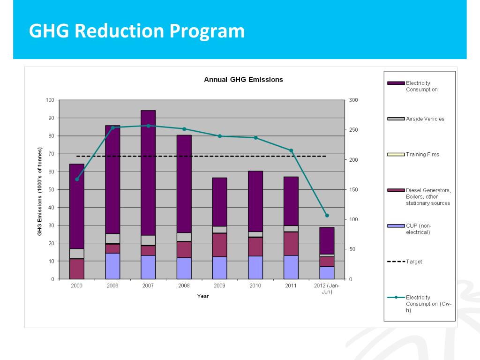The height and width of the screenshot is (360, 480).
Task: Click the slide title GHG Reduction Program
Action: [x=136, y=31]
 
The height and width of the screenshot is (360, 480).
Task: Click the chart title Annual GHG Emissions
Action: [x=243, y=80]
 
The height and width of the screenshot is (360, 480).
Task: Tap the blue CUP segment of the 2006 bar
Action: [x=112, y=266]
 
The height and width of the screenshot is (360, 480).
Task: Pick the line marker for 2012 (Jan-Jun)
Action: [x=327, y=216]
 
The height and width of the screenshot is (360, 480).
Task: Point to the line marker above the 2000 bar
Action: [x=77, y=179]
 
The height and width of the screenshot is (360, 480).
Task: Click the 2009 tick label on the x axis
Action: [x=219, y=285]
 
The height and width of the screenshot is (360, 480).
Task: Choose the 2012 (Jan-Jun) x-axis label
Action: [x=327, y=288]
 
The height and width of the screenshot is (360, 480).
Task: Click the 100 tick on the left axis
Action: [x=50, y=100]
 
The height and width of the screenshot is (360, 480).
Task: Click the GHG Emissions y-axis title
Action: [x=40, y=191]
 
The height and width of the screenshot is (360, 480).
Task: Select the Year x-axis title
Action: [x=203, y=296]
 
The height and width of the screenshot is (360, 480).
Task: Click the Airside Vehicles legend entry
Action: [x=425, y=119]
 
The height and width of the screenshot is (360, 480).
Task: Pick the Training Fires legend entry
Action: [x=422, y=154]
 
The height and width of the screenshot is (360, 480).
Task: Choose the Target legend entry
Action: [x=414, y=262]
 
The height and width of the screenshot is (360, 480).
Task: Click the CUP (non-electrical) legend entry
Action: [x=418, y=229]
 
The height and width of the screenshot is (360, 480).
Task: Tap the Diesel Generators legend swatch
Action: [x=396, y=190]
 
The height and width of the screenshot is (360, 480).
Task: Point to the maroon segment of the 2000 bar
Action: [x=77, y=269]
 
